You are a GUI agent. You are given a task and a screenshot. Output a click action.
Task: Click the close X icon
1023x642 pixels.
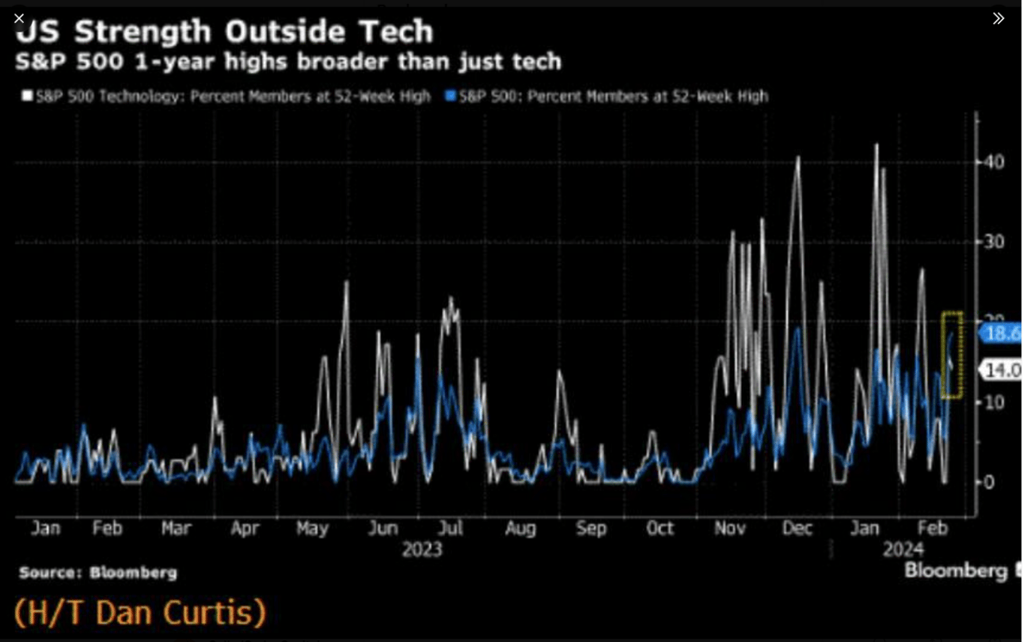pos(19,18)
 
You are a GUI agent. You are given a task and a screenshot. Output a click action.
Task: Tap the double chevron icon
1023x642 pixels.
pos(998,18)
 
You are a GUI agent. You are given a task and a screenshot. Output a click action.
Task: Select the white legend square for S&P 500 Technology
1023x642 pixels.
pos(28,97)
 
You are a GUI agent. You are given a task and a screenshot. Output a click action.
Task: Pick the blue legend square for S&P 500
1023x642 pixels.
pos(451,97)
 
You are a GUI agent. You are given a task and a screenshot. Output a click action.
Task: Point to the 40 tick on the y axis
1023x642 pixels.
pos(994,161)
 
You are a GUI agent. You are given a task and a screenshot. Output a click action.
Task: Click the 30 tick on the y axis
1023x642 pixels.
pos(994,241)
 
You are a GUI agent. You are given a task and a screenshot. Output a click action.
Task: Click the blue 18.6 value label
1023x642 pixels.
pos(1001,333)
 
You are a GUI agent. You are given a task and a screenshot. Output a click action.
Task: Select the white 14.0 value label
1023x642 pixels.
pos(1001,370)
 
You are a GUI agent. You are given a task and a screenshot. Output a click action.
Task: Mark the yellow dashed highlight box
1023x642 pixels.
pos(952,355)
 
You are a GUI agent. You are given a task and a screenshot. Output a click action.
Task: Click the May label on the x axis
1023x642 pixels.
pos(312,529)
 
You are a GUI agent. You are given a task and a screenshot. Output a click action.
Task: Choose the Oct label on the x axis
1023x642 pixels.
pos(660,529)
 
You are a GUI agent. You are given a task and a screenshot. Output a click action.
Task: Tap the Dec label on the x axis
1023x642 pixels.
pos(797,529)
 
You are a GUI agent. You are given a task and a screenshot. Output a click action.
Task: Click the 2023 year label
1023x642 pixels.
pos(421,549)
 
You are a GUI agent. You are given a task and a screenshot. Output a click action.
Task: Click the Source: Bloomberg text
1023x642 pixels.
pos(98,572)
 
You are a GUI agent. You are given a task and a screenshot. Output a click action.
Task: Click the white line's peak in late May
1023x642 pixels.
pos(347,283)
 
